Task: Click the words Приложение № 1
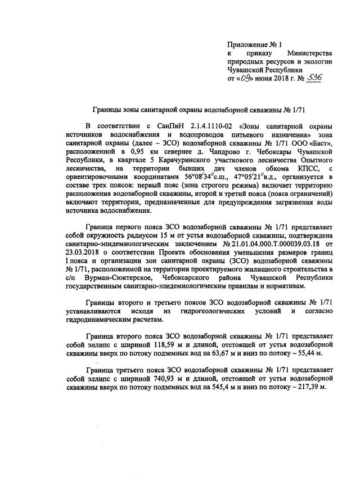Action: point(254,43)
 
